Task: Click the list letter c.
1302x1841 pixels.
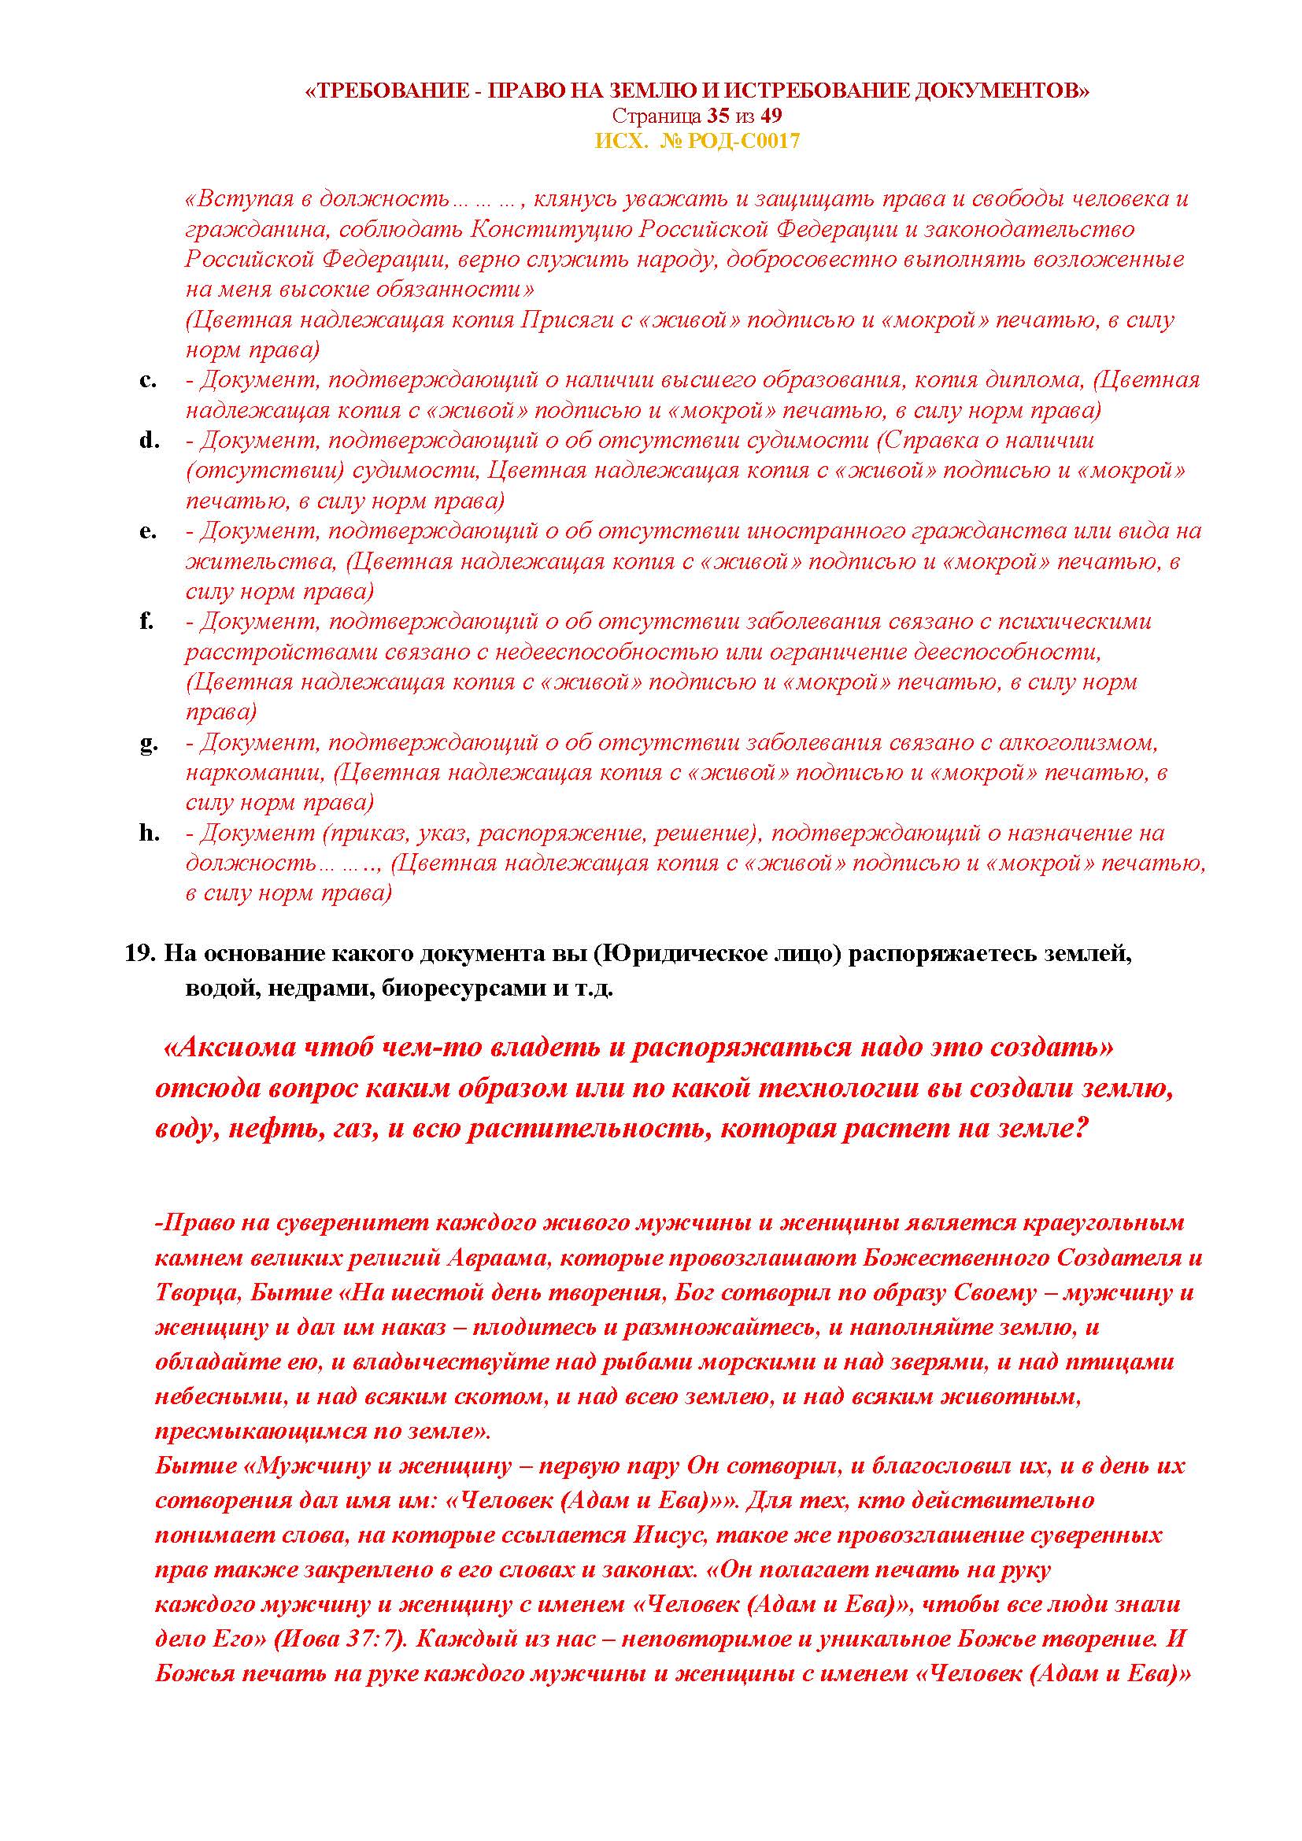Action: click(x=147, y=380)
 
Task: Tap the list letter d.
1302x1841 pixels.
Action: click(x=147, y=440)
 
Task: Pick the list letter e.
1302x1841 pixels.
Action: click(x=147, y=530)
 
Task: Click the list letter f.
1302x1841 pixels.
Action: click(x=146, y=622)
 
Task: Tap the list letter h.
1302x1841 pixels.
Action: click(x=149, y=833)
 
